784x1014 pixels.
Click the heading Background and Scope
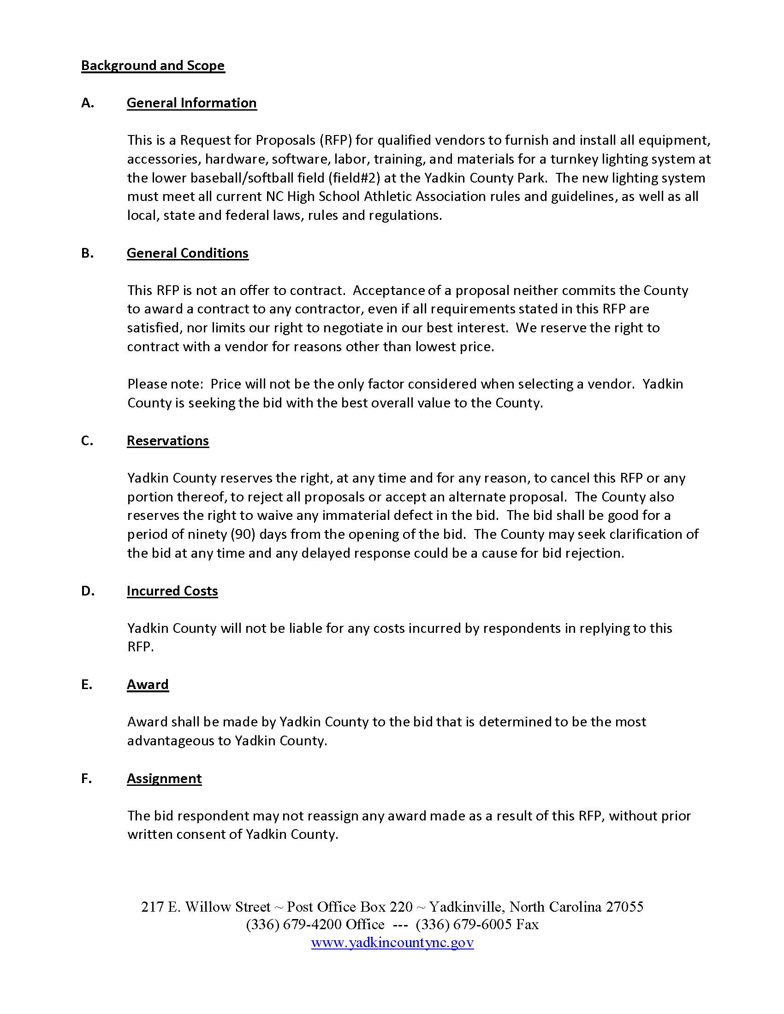153,65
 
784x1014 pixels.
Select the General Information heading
191,103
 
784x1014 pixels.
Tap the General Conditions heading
188,253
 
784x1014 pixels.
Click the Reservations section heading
168,441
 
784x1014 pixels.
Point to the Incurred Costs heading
172,590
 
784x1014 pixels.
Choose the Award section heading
148,684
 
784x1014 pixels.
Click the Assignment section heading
164,778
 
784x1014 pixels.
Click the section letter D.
88,590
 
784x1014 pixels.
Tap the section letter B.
87,253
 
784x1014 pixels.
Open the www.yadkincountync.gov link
392,943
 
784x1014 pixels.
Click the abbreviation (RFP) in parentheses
335,140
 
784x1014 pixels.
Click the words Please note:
166,384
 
